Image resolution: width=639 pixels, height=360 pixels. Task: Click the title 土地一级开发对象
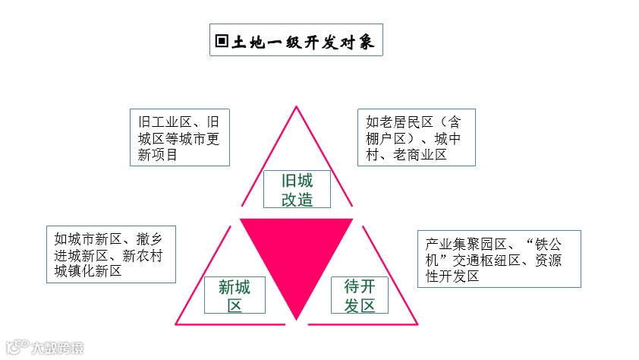click(304, 41)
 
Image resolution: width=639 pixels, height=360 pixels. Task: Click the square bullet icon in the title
click(222, 41)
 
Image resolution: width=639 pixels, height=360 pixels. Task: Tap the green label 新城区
click(234, 296)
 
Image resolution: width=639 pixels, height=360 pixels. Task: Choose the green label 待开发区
click(360, 295)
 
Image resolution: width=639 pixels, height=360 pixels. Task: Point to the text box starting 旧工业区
click(179, 137)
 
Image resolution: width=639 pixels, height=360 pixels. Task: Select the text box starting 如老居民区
click(416, 137)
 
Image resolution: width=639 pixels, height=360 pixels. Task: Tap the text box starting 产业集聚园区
click(499, 259)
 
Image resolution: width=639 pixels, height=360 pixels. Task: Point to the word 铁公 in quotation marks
click(548, 244)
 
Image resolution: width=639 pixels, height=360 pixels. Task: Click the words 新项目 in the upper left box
click(158, 154)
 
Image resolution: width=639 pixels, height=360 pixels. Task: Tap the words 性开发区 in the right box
click(452, 276)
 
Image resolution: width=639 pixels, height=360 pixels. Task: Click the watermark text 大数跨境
click(58, 349)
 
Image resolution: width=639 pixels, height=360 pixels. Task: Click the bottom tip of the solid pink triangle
click(297, 318)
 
